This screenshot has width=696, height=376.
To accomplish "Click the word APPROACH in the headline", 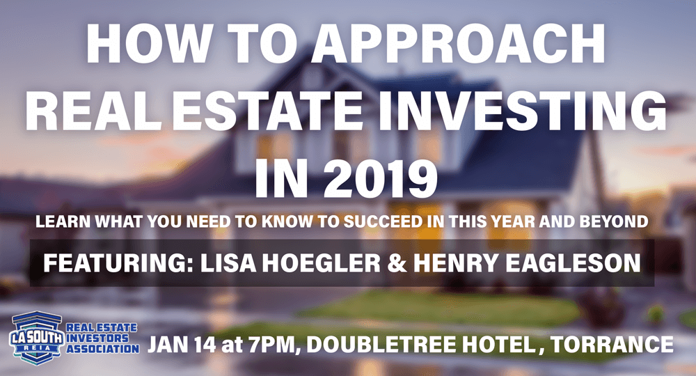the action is pos(459,43).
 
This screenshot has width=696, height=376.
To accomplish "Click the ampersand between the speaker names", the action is pos(397,263).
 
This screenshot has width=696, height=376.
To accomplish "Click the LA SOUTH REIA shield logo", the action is pos(37,338).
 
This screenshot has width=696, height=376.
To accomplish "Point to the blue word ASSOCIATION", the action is pos(102,349).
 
